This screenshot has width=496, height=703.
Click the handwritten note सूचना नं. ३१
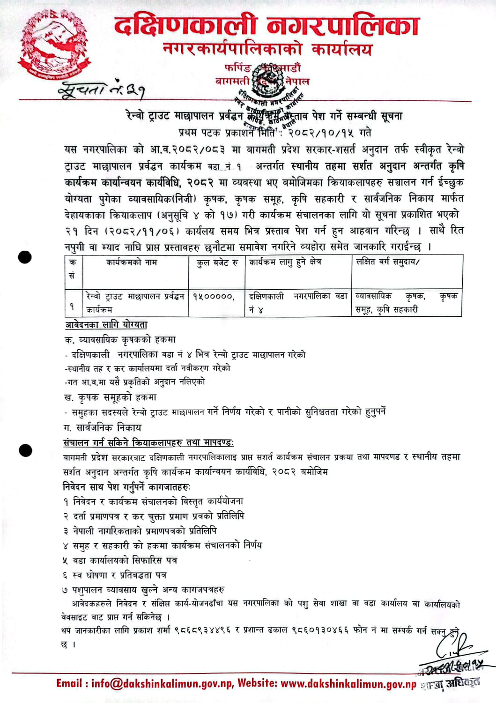[101, 89]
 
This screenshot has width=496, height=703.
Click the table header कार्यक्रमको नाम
[132, 262]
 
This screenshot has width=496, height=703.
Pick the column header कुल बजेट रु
[217, 262]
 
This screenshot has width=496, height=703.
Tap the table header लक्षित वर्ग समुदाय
[388, 262]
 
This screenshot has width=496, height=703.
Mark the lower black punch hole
[25, 450]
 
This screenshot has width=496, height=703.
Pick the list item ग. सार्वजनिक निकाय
[103, 427]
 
